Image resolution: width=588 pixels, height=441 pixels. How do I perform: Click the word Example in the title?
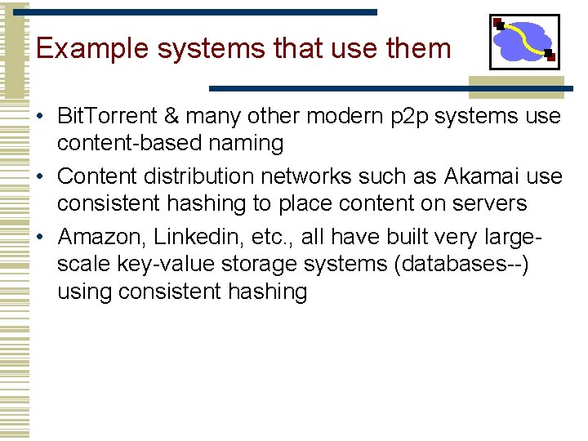tap(91, 49)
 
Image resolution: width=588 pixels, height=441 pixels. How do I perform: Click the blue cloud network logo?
tap(523, 42)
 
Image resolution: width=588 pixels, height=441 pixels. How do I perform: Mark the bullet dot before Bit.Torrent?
tap(40, 116)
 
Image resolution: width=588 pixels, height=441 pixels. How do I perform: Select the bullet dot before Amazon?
tap(40, 237)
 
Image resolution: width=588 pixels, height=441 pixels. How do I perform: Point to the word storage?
tap(270, 264)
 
